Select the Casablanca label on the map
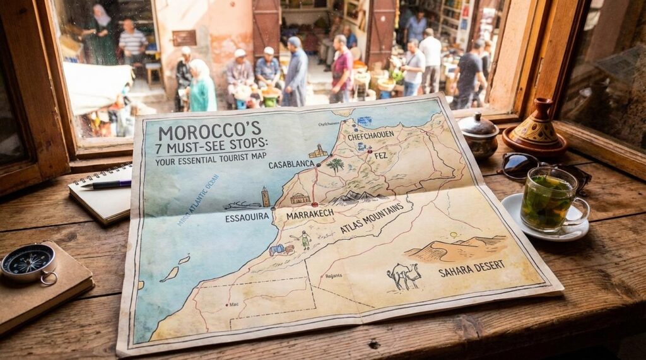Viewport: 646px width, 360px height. tap(291, 165)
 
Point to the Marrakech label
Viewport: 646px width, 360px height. tap(310, 215)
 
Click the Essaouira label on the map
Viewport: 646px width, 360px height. tap(247, 218)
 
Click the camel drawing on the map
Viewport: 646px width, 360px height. tap(404, 276)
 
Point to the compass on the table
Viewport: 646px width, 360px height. tap(28, 261)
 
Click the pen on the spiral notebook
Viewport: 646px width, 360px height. tap(105, 185)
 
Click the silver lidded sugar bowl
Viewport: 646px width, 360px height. tap(478, 135)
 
